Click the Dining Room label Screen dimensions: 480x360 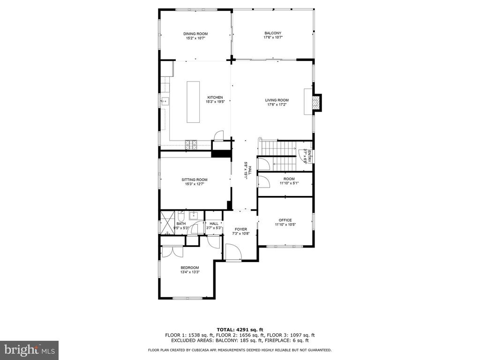tap(195, 34)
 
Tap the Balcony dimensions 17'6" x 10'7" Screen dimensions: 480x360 tap(273, 37)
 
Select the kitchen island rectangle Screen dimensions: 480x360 tap(193, 102)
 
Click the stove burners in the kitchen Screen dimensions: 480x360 tap(191, 145)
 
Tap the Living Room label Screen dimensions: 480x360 tap(277, 100)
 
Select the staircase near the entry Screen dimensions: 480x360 tap(278, 156)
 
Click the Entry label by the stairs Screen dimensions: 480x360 tap(309, 156)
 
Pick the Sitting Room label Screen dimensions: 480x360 tap(195, 180)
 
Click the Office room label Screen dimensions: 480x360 tap(285, 220)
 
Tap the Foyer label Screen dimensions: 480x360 tap(240, 229)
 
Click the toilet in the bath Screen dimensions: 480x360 tap(181, 217)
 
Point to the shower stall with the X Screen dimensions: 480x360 tap(167, 223)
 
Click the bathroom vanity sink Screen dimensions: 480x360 tap(194, 216)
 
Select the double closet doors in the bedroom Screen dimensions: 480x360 tap(172, 252)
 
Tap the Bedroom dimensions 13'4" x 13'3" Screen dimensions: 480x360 tap(190, 272)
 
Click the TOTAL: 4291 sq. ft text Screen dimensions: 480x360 tap(240, 330)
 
